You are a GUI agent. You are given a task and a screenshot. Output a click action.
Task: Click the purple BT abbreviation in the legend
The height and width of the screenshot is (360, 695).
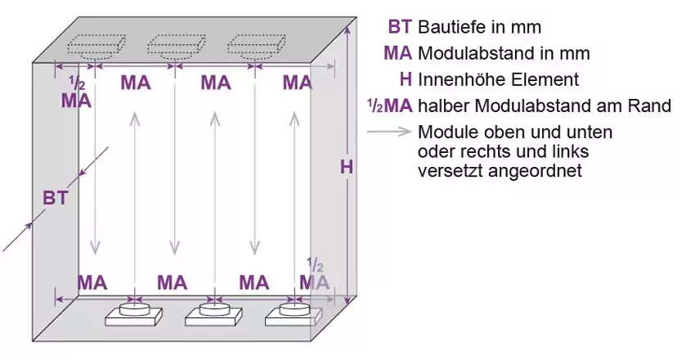(401, 26)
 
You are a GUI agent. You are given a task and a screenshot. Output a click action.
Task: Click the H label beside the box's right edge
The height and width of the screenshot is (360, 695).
(347, 167)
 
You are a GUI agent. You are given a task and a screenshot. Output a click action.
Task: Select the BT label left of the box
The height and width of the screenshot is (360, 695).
(56, 197)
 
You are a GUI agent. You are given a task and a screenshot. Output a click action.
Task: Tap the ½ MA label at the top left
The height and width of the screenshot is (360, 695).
(77, 92)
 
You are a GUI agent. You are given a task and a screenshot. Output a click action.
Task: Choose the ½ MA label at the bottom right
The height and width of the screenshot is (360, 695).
(314, 276)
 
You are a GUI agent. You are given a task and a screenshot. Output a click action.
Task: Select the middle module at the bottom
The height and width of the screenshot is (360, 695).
(213, 314)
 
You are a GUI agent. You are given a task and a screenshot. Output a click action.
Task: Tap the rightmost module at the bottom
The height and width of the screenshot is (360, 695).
(294, 314)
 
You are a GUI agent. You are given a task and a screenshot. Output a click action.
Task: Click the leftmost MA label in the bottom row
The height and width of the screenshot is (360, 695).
(93, 282)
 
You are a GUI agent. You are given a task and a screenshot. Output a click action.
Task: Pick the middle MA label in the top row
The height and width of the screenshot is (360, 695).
(216, 82)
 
